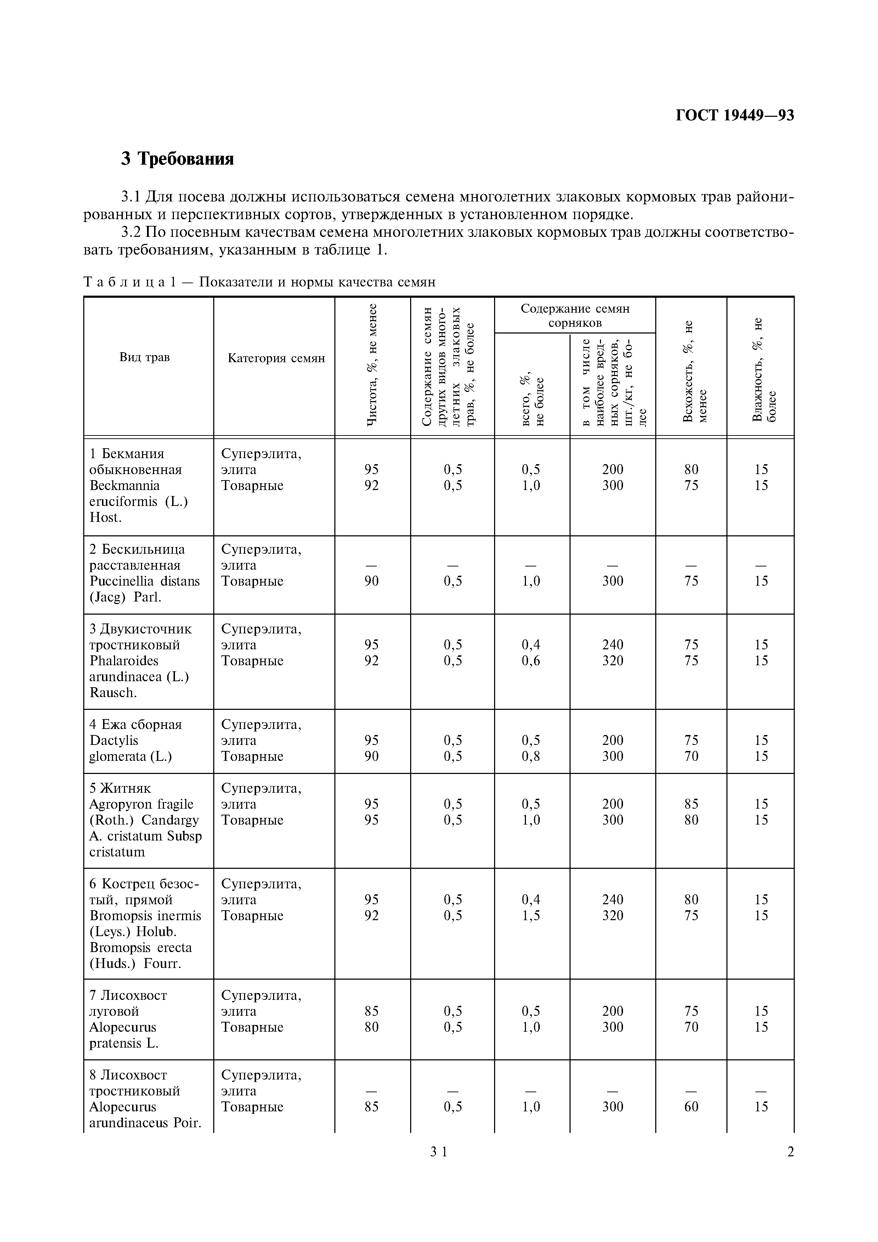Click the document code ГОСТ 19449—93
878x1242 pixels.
(x=735, y=115)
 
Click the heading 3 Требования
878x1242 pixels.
(x=177, y=159)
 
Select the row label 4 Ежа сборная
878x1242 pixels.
(x=135, y=724)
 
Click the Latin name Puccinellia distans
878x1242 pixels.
(x=145, y=581)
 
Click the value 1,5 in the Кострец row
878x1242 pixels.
(x=531, y=915)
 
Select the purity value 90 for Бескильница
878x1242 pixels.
(x=371, y=581)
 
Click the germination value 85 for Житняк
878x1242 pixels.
(x=691, y=804)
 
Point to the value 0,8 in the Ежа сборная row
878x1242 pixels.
(x=531, y=756)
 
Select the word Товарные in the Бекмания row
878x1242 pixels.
(x=252, y=485)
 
